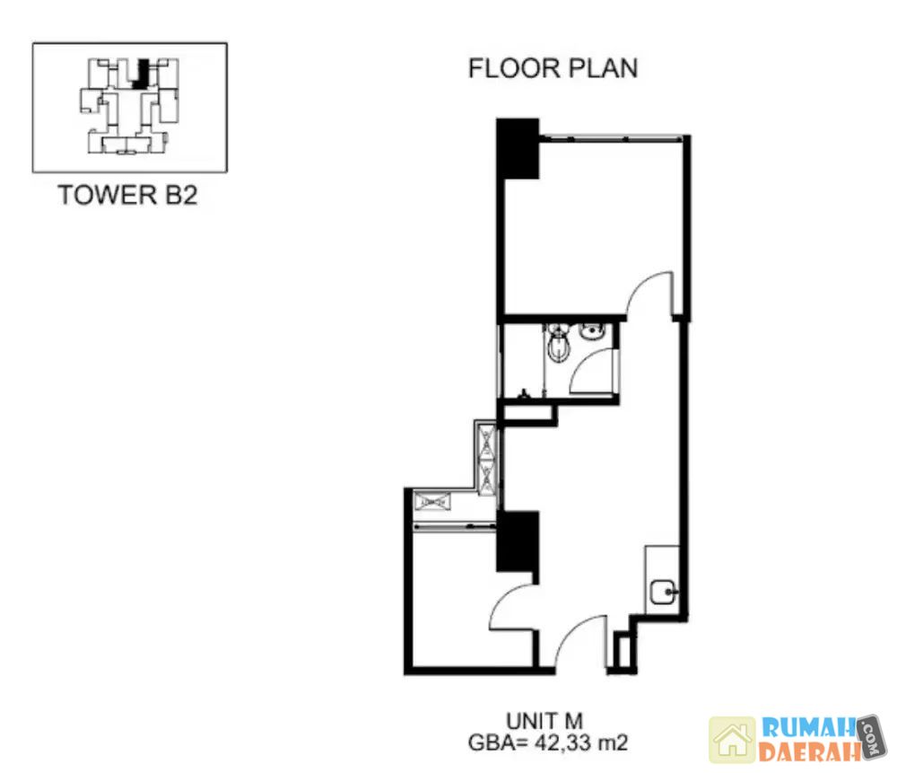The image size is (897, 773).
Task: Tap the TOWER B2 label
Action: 127,195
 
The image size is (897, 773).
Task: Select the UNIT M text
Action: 544,721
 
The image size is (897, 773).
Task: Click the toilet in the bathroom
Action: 558,341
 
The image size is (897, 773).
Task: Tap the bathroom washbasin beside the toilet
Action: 591,331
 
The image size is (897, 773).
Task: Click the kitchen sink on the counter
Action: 663,592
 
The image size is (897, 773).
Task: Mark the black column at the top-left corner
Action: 518,148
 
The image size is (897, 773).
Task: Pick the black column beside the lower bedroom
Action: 518,541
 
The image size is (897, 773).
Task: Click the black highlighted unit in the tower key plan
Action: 142,74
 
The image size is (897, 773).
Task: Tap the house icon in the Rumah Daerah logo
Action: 732,740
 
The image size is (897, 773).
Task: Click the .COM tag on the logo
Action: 871,736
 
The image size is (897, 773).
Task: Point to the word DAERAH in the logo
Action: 809,751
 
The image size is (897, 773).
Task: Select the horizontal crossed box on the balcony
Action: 432,502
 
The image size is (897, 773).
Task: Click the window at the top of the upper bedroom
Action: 611,138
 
